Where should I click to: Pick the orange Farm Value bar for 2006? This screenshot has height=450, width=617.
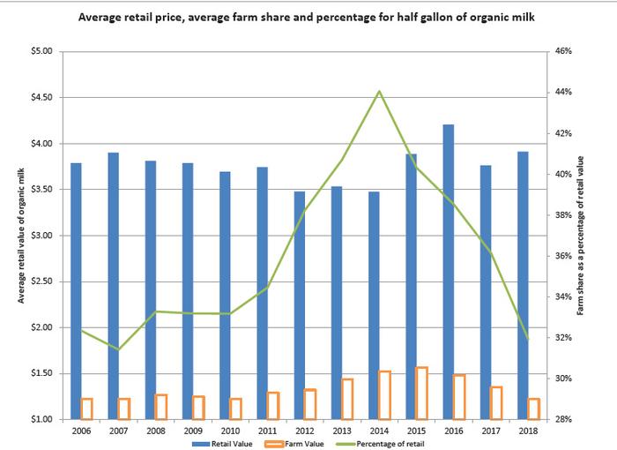86,409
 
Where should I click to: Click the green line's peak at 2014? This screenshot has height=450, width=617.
379,91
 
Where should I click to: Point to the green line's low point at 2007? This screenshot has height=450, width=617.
119,349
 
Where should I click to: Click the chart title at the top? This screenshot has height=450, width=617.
308,17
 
